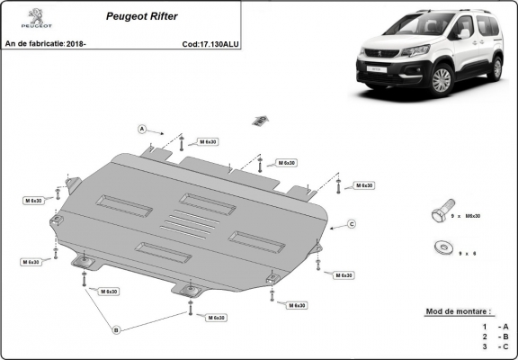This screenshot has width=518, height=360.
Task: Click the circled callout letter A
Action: [142, 130]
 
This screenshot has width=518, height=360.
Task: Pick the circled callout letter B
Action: [115, 330]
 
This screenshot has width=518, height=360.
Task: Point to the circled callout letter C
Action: [352, 223]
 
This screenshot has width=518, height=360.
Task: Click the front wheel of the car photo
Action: [441, 81]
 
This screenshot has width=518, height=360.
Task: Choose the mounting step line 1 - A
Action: [496, 326]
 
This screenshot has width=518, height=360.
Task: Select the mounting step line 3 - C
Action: [496, 346]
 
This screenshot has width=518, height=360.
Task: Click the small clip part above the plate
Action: [261, 119]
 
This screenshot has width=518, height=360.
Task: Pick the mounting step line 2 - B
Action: [496, 337]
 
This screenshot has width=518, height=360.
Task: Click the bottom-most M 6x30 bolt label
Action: [214, 318]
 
